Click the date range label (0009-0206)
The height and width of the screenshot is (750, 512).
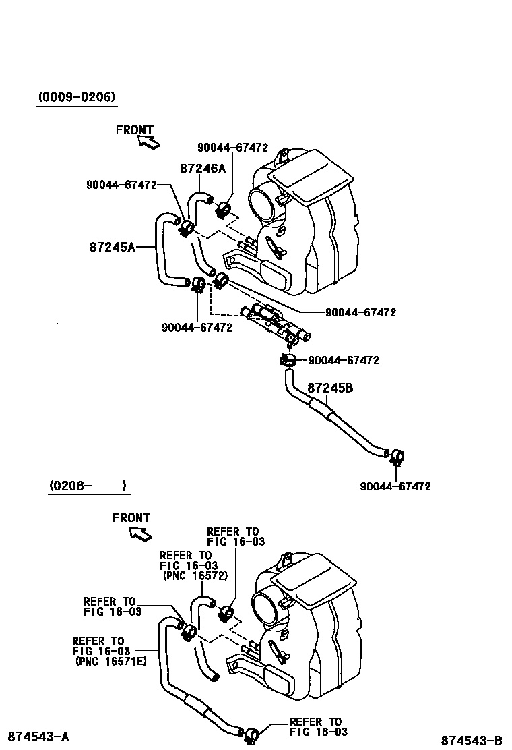tap(76, 98)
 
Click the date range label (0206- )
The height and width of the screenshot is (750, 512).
tap(87, 486)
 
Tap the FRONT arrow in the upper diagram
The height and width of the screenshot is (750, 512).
tap(148, 141)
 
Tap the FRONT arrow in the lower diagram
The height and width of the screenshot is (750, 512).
tap(140, 533)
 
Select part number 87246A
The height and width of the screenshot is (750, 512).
tap(202, 169)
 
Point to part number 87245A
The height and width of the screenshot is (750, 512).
tap(112, 247)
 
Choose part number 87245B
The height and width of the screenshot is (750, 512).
tap(330, 388)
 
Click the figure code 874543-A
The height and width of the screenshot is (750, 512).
tap(38, 735)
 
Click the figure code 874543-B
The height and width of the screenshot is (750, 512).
tap(472, 741)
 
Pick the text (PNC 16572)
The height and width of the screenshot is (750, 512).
tap(195, 576)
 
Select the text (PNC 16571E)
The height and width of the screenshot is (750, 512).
tap(109, 661)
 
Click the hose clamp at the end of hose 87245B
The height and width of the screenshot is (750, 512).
tap(395, 457)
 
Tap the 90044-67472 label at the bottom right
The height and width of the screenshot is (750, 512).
tap(395, 486)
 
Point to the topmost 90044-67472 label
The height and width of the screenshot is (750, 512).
tap(232, 148)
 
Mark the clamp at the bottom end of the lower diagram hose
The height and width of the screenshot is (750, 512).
tap(251, 734)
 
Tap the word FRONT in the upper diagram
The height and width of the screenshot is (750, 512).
tap(134, 130)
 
